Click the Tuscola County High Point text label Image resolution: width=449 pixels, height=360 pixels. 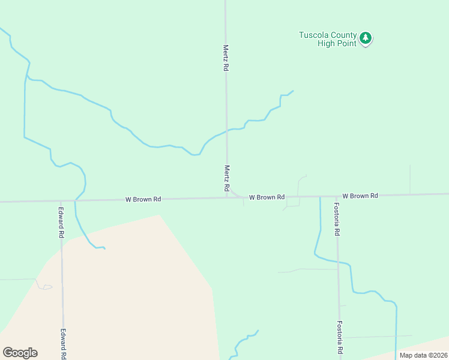328,39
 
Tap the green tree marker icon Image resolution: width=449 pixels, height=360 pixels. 366,38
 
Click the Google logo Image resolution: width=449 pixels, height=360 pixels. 20,353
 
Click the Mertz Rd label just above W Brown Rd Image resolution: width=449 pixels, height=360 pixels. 227,179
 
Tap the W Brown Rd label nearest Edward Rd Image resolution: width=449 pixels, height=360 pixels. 143,199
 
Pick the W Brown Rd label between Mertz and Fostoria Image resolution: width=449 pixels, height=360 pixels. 267,197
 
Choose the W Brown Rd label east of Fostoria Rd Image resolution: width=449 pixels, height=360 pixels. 360,196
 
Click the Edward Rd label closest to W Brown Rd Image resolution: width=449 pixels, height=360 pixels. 61,223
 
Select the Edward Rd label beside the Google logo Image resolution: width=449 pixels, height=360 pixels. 62,343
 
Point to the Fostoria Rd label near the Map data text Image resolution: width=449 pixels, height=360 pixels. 339,337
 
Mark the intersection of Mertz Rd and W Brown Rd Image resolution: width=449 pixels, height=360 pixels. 227,197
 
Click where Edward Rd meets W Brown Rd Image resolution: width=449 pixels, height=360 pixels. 61,201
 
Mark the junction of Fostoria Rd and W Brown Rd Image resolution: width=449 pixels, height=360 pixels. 337,196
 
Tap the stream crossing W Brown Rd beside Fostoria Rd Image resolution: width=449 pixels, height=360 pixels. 320,196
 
